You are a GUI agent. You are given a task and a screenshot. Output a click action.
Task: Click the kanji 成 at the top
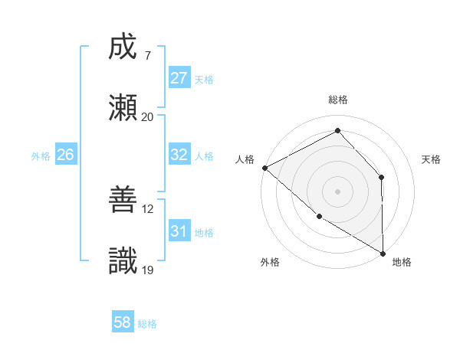pos(123,47)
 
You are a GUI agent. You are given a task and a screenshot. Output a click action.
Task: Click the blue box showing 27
pos(179,78)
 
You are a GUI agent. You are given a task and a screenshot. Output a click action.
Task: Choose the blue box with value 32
pos(179,155)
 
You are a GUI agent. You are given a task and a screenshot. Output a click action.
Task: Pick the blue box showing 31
pos(179,231)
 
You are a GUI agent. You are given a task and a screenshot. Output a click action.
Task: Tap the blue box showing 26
pos(65,155)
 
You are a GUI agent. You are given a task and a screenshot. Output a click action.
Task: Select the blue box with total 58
pos(122,322)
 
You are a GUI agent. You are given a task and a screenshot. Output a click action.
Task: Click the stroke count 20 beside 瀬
pos(147,117)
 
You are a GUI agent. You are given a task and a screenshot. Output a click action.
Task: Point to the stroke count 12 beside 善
pos(149,208)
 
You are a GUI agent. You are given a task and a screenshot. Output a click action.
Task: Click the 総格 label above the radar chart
pos(338,100)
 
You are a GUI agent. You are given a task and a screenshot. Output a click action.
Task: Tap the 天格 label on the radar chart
pos(432,159)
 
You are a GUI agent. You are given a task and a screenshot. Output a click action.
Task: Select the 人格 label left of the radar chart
pos(245,159)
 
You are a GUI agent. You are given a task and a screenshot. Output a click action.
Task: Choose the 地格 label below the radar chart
pos(402,262)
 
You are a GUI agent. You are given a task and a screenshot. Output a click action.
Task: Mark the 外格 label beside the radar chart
pos(270,262)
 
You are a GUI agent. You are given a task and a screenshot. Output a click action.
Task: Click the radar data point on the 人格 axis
pos(264,168)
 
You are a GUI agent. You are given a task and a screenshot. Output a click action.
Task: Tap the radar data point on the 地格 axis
pos(383,252)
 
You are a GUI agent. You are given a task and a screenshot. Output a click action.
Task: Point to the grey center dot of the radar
pos(337,191)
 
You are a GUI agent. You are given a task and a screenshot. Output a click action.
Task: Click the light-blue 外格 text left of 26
pos(41,155)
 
